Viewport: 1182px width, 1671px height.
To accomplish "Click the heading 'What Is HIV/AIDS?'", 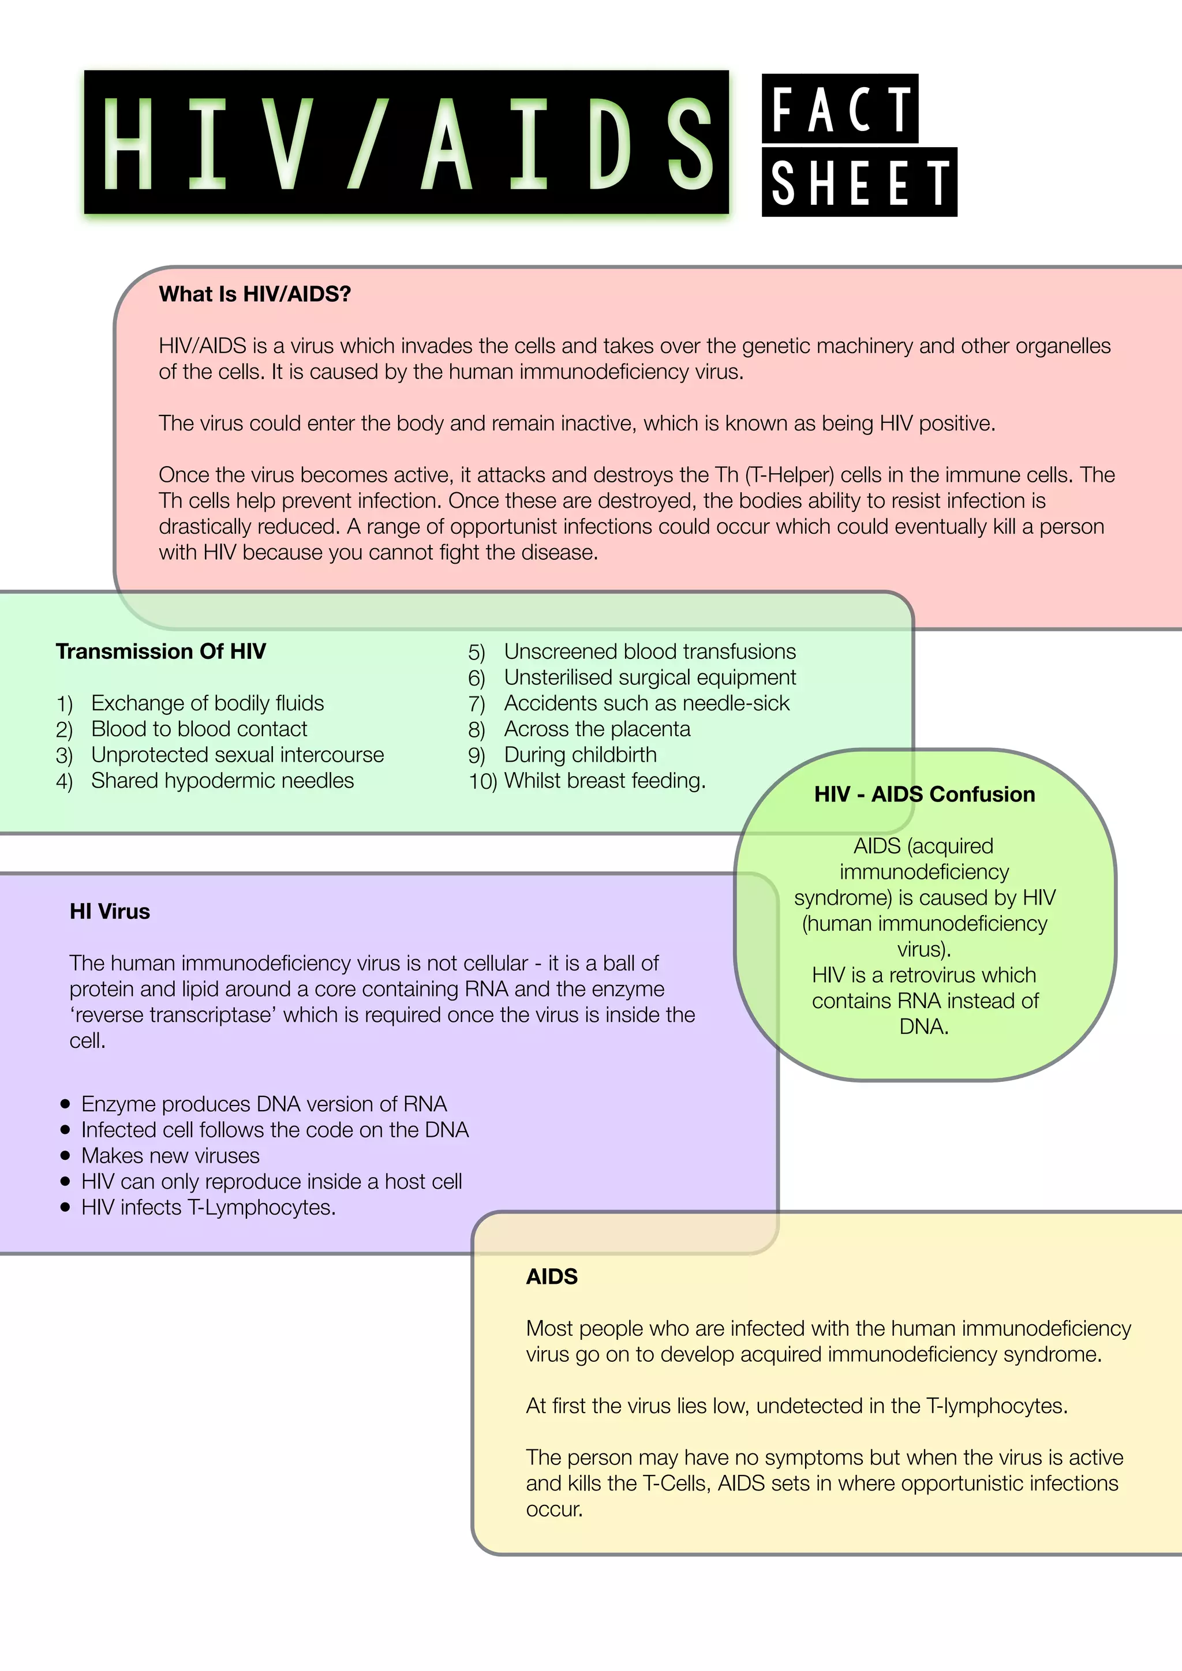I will [x=255, y=294].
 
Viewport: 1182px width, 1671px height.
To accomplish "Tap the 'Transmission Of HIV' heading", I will [x=161, y=651].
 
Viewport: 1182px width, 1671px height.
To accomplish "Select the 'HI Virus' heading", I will [x=110, y=911].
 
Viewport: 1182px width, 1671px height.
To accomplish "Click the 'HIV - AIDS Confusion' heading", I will [x=925, y=794].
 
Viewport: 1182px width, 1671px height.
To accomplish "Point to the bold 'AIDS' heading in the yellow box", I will [x=552, y=1276].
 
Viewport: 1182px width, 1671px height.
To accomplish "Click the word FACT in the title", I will [x=841, y=109].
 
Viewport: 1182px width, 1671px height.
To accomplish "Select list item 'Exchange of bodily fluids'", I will [x=207, y=703].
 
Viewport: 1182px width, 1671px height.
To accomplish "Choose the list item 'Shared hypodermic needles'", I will [x=222, y=780].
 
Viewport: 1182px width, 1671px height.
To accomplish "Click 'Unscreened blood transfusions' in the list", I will [x=650, y=651].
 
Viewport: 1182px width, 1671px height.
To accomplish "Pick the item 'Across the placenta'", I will [x=597, y=729].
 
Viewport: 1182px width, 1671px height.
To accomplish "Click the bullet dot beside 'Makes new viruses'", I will [x=65, y=1156].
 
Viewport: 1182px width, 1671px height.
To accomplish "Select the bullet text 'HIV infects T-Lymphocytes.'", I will [x=208, y=1208].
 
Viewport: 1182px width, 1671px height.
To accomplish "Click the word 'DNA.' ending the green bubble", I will [x=923, y=1027].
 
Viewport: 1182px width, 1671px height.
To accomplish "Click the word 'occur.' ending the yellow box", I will [x=555, y=1509].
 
